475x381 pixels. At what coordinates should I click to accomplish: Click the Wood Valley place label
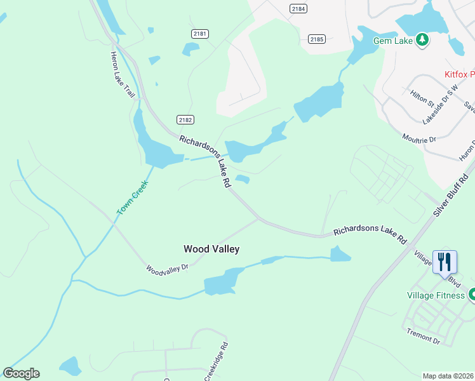[x=211, y=249]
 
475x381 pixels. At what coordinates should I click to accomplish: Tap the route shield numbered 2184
[x=298, y=8]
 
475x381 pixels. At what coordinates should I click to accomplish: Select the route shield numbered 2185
[x=317, y=39]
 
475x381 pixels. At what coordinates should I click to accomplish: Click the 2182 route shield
[x=185, y=119]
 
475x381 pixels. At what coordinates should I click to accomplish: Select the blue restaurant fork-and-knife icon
[x=445, y=261]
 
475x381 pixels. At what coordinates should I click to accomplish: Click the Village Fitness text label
[x=436, y=295]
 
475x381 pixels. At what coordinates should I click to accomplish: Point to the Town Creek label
[x=132, y=197]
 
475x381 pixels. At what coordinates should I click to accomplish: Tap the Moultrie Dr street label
[x=419, y=138]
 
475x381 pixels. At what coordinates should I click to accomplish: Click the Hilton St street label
[x=422, y=98]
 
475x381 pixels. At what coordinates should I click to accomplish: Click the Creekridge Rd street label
[x=216, y=362]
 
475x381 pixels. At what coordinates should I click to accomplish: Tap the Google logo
[x=21, y=373]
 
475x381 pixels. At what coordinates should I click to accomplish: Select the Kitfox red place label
[x=458, y=74]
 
